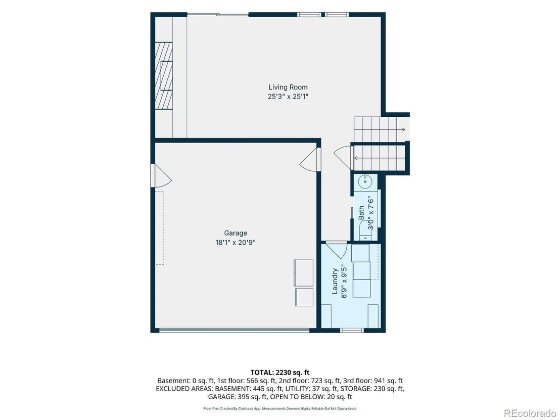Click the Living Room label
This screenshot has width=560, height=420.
[288, 87]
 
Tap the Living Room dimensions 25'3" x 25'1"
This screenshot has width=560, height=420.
[288, 97]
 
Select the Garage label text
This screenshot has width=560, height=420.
[236, 233]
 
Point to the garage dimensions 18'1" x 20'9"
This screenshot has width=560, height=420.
[236, 243]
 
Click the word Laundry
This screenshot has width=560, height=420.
[335, 281]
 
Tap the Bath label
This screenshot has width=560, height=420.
[361, 212]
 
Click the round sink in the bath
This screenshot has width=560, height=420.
[365, 181]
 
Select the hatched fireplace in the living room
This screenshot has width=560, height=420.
[164, 75]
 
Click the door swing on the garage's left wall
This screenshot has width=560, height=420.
[161, 176]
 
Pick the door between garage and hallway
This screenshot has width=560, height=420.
[310, 160]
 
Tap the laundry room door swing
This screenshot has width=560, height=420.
[336, 249]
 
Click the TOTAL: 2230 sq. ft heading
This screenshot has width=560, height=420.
[280, 372]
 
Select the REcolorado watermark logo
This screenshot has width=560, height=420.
[530, 413]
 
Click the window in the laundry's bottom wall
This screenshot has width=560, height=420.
[352, 331]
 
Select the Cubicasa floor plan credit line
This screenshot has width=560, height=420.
[280, 408]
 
